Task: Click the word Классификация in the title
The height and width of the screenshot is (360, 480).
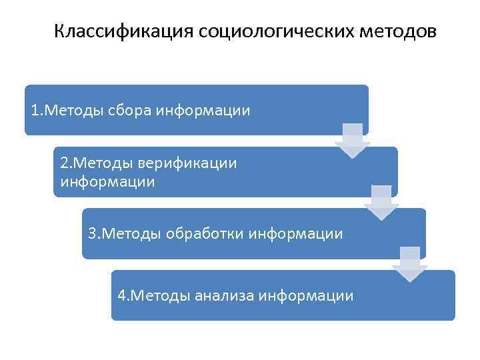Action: [x=123, y=32]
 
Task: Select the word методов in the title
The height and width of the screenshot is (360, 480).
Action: [x=399, y=32]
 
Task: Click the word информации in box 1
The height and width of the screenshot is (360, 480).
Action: [x=203, y=110]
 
